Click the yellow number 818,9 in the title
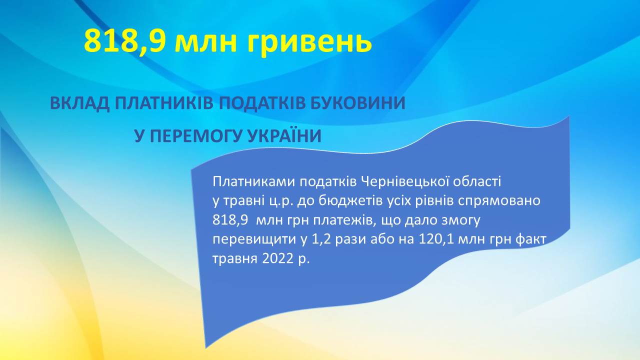(124, 41)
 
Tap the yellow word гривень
(309, 43)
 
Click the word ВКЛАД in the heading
(80, 103)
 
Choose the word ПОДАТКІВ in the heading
(261, 103)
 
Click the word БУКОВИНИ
(358, 103)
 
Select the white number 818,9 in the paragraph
(230, 220)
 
